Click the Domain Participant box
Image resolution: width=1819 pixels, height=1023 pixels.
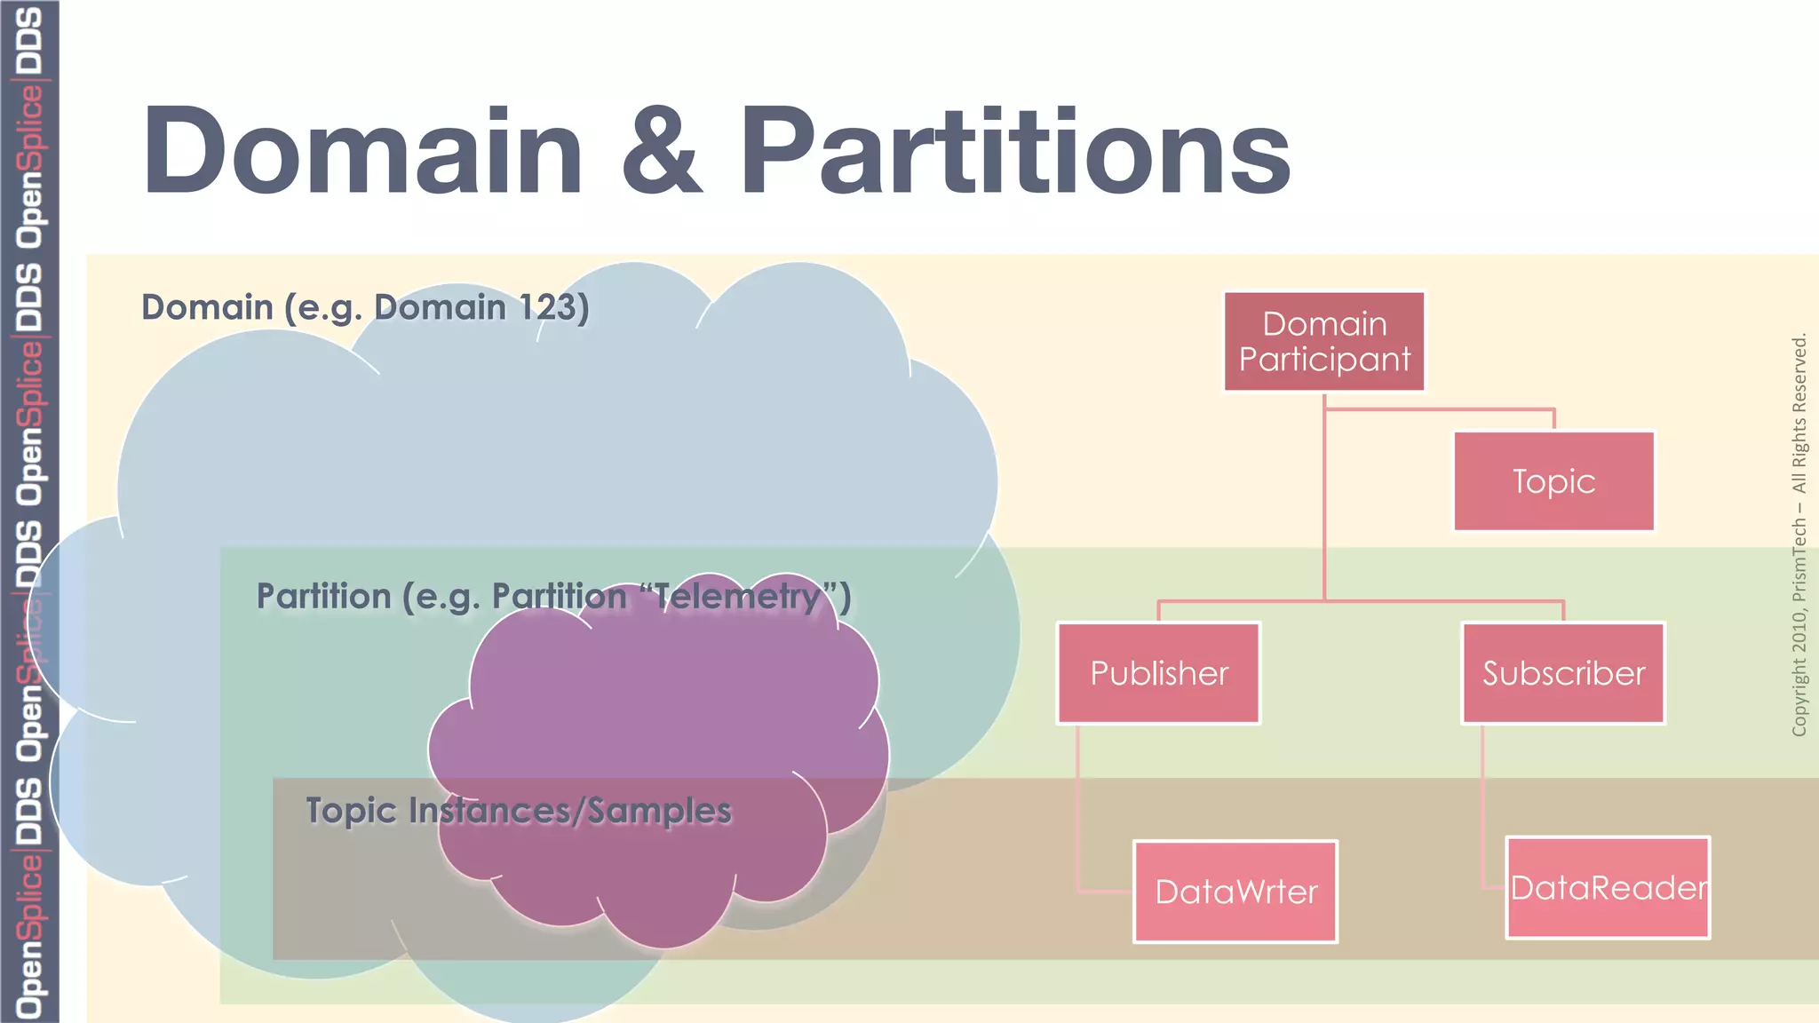(x=1323, y=341)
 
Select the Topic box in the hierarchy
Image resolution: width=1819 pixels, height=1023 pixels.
(x=1553, y=481)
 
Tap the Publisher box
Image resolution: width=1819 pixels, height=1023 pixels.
(x=1158, y=673)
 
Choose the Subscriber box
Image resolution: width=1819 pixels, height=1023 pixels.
(x=1562, y=673)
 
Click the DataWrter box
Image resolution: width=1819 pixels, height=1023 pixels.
(x=1235, y=891)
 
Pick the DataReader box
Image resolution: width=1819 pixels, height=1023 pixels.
(x=1608, y=887)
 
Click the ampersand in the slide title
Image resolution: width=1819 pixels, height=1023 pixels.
(x=662, y=151)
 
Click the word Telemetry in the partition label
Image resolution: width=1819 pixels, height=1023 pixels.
(x=736, y=596)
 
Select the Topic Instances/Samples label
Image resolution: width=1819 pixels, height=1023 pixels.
(x=518, y=810)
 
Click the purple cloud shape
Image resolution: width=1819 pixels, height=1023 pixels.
(x=657, y=710)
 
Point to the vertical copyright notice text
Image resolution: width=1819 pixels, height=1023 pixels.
(x=1799, y=533)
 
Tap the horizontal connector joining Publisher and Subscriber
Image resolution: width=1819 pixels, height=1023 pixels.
(x=1359, y=601)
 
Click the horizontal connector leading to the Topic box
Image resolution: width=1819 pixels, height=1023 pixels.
(x=1439, y=409)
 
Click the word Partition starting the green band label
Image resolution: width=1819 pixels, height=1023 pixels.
(x=323, y=596)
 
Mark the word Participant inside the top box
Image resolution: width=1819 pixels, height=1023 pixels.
(x=1323, y=360)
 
